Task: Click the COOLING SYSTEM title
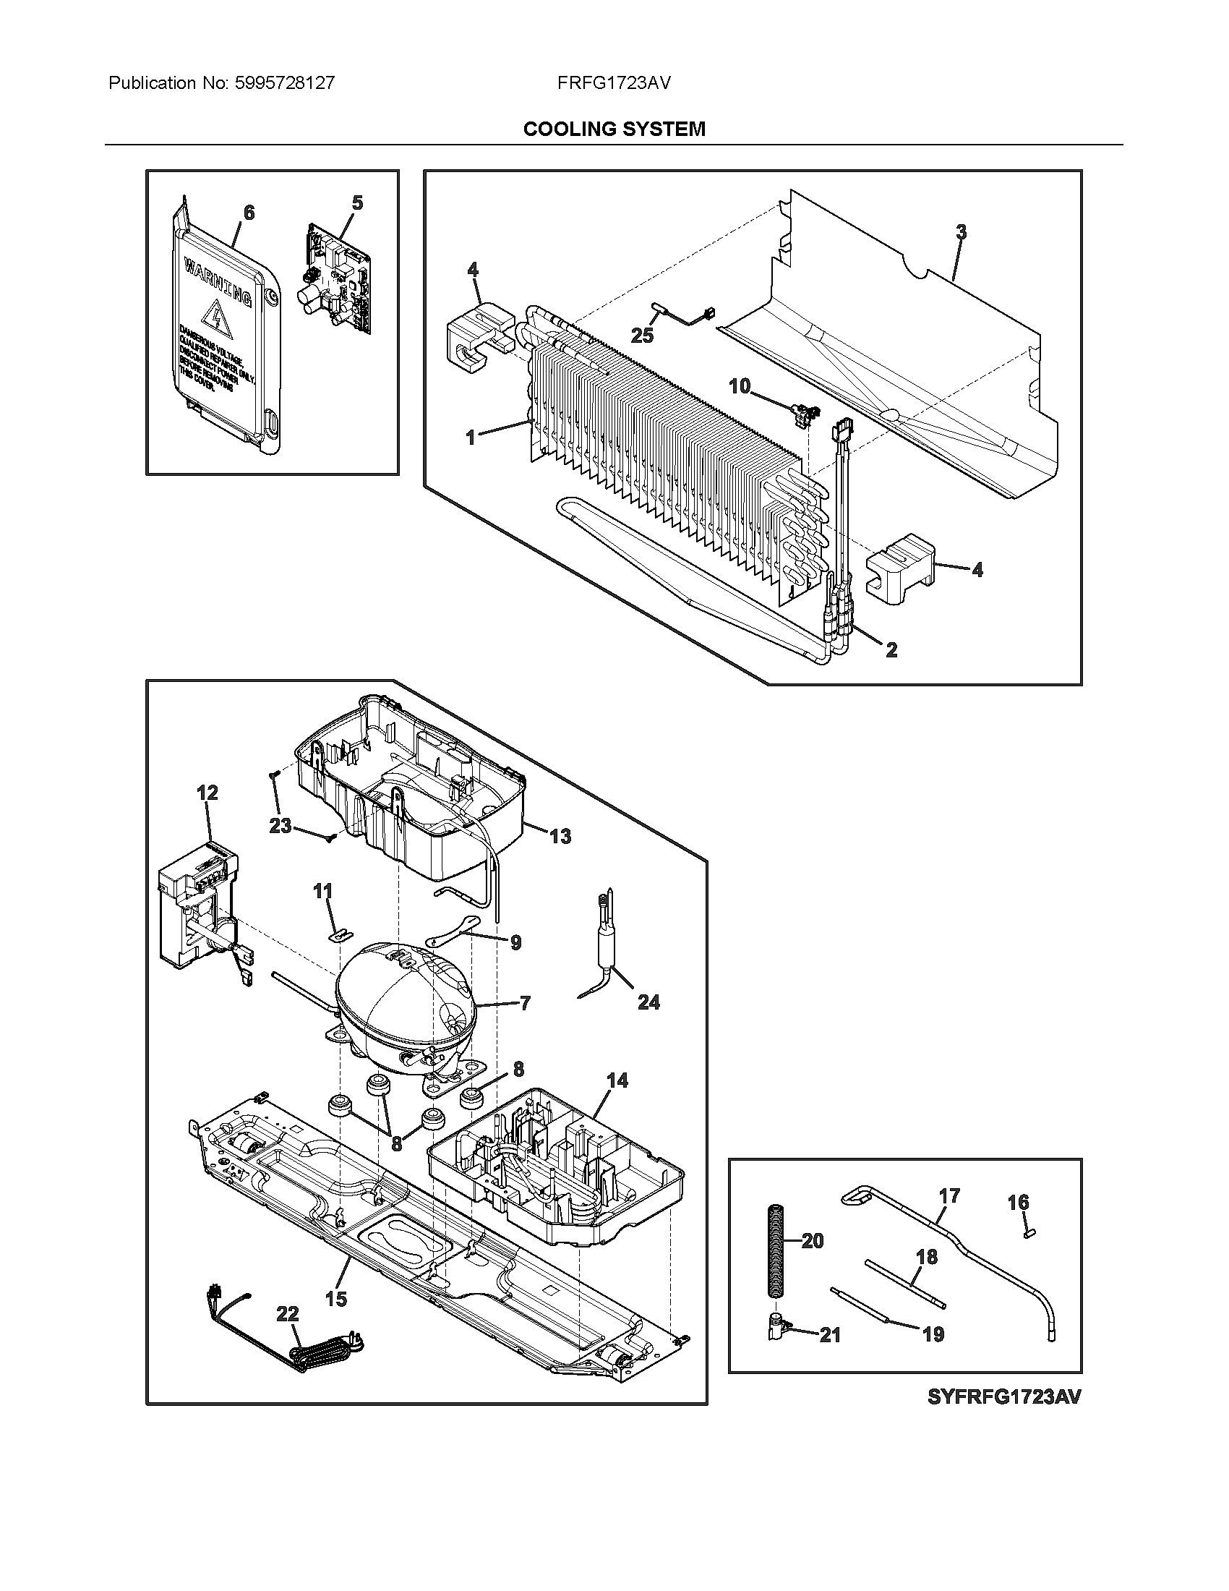pyautogui.click(x=614, y=129)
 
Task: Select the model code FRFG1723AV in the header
pyautogui.click(x=614, y=83)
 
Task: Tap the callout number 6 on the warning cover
pyautogui.click(x=249, y=213)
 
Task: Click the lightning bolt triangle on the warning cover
pyautogui.click(x=215, y=315)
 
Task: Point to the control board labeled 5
pyautogui.click(x=336, y=281)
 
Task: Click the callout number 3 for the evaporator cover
pyautogui.click(x=961, y=232)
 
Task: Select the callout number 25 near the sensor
pyautogui.click(x=642, y=335)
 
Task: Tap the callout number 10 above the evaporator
pyautogui.click(x=740, y=386)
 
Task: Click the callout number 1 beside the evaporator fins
pyautogui.click(x=471, y=438)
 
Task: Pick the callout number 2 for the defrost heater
pyautogui.click(x=891, y=650)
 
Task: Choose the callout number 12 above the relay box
pyautogui.click(x=207, y=792)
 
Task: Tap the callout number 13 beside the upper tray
pyautogui.click(x=560, y=836)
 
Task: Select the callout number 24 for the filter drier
pyautogui.click(x=648, y=1002)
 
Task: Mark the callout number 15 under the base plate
pyautogui.click(x=336, y=1298)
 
